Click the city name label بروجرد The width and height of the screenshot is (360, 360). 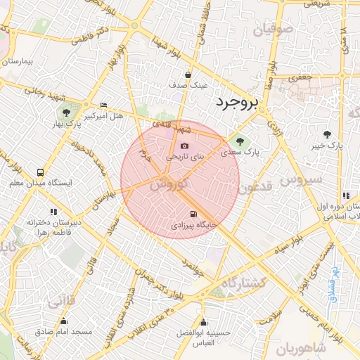(x=236, y=104)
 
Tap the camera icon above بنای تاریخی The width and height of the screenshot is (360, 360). (x=185, y=146)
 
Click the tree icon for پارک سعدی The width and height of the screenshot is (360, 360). (x=243, y=139)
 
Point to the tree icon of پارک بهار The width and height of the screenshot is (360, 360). (x=66, y=112)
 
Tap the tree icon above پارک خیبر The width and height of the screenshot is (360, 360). (x=327, y=134)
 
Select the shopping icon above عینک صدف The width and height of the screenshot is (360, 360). (x=188, y=74)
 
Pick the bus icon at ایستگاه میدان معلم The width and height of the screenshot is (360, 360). (x=40, y=172)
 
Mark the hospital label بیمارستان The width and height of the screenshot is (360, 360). (x=19, y=61)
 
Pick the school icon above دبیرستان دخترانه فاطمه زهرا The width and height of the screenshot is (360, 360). (x=53, y=211)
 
